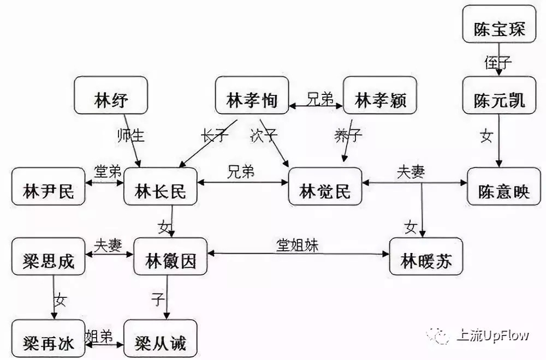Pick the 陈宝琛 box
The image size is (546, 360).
499,23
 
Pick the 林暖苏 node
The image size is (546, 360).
426,257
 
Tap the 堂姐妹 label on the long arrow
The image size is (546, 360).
296,245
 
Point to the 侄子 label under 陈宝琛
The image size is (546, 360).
498,63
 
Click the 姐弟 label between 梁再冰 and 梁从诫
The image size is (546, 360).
99,336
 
